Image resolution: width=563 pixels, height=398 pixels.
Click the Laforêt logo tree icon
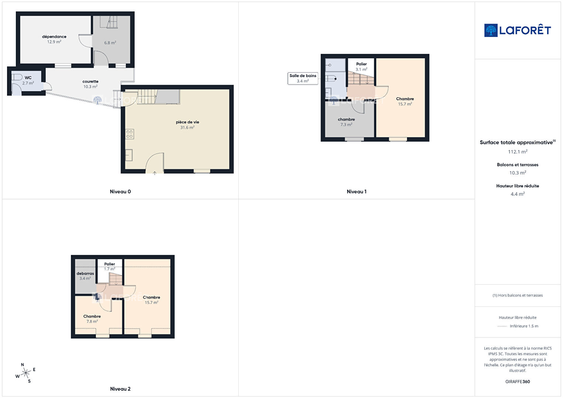[x=491, y=30]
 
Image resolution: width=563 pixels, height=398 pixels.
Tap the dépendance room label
[x=54, y=37]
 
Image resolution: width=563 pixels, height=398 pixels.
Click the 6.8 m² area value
[x=110, y=43]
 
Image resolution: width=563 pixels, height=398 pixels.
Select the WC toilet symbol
[x=17, y=77]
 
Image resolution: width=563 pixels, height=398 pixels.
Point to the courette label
[x=90, y=82]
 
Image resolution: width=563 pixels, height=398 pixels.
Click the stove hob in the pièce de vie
[x=129, y=134]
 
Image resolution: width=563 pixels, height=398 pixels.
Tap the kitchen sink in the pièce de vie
[x=129, y=155]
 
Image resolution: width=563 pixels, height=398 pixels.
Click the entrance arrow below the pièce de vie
[x=155, y=173]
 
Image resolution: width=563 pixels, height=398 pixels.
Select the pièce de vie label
[x=187, y=122]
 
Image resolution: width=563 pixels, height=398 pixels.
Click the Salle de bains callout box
[x=303, y=79]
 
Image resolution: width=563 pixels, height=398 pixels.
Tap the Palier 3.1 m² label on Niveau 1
[x=362, y=67]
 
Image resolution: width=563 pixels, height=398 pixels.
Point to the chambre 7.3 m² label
[x=346, y=122]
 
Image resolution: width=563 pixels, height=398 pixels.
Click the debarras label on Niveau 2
[x=85, y=273]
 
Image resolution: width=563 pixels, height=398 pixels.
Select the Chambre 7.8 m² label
[x=92, y=319]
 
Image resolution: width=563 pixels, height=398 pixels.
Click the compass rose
[x=25, y=373]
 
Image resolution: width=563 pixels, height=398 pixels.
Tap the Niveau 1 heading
[x=356, y=191]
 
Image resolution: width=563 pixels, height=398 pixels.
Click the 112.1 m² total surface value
[x=518, y=152]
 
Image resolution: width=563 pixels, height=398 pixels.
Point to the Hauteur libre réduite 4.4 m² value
[x=518, y=194]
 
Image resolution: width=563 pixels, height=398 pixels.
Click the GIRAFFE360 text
[x=518, y=381]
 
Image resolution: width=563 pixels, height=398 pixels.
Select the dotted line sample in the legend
[x=502, y=326]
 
